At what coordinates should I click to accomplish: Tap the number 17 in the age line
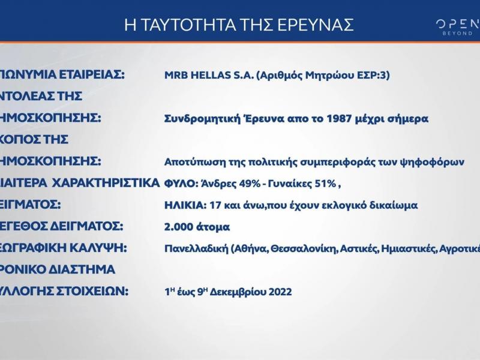(x=213, y=205)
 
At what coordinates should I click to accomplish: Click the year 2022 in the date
(x=279, y=292)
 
